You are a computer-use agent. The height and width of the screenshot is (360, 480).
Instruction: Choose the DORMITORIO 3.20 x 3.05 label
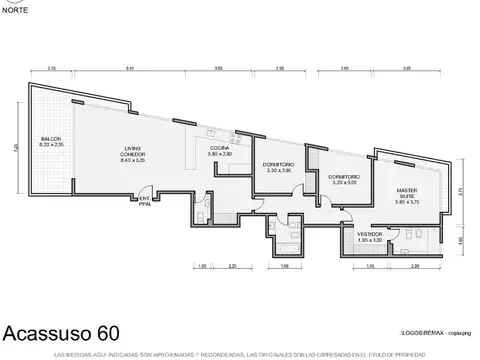click(x=342, y=180)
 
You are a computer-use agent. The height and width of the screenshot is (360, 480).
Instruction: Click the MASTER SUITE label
click(x=406, y=194)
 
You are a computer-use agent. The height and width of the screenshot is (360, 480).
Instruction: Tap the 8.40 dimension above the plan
click(x=130, y=67)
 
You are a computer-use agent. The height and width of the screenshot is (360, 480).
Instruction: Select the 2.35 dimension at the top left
click(x=51, y=67)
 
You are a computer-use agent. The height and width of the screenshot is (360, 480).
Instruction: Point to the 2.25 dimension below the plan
click(x=232, y=266)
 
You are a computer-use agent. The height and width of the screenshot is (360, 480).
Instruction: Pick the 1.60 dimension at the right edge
click(x=462, y=240)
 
